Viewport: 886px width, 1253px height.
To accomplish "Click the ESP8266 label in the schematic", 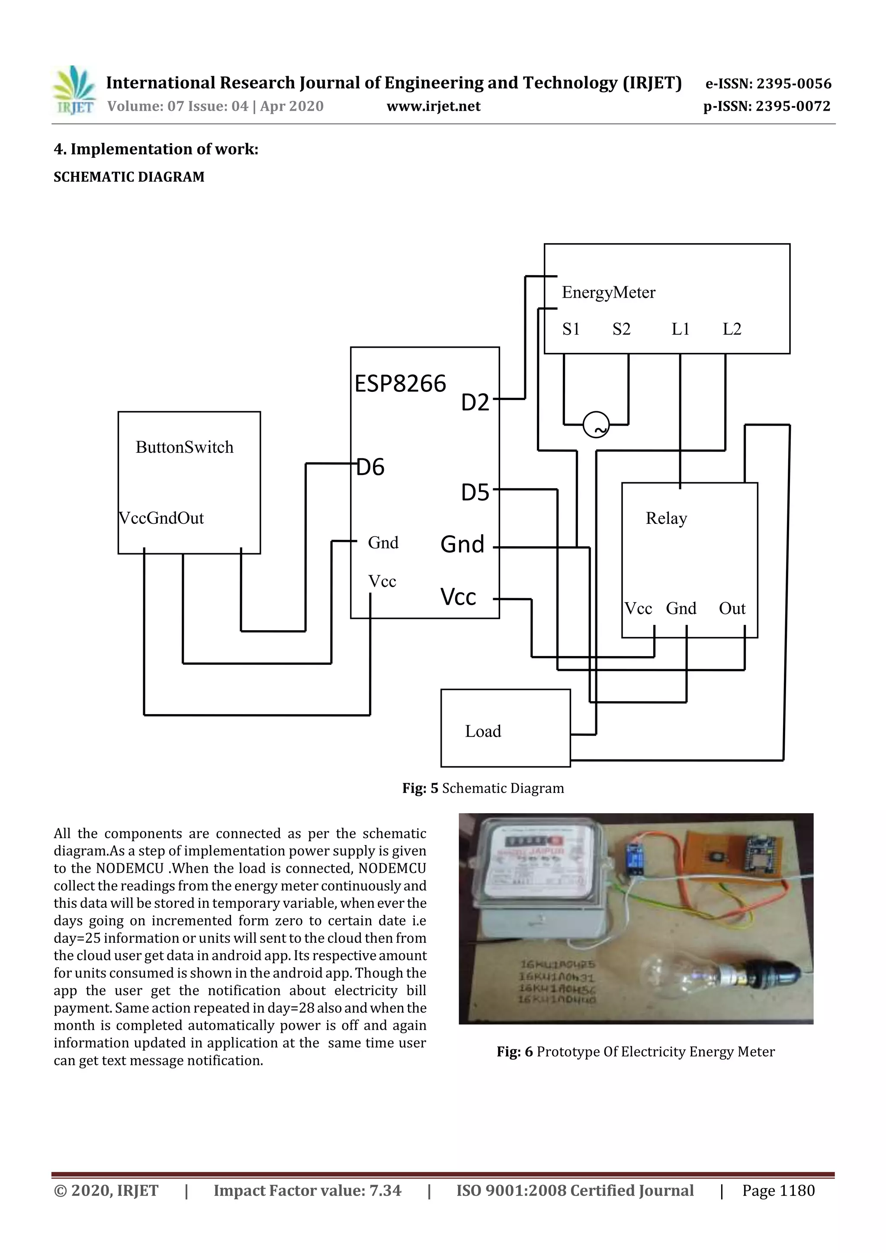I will tap(400, 384).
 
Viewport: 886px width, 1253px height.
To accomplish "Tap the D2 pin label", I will tap(475, 403).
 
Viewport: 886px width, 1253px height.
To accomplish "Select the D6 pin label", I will tap(371, 467).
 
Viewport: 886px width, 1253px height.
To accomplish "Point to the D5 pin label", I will tap(475, 493).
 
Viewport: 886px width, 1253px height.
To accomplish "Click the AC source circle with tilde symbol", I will tap(596, 425).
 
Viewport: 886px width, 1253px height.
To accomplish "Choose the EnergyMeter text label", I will tap(608, 292).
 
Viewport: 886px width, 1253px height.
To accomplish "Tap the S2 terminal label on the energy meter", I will tap(621, 329).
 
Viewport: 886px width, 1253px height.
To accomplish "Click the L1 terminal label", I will tap(680, 329).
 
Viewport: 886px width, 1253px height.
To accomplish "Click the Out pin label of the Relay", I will tap(732, 609).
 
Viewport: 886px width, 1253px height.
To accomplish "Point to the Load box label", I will tap(482, 731).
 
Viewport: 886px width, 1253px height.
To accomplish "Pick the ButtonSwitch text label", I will tap(185, 448).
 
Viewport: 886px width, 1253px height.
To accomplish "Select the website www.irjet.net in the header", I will tap(433, 106).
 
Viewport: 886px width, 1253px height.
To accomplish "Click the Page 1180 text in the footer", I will tap(778, 1190).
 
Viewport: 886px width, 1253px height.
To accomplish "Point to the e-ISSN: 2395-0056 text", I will tap(768, 83).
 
